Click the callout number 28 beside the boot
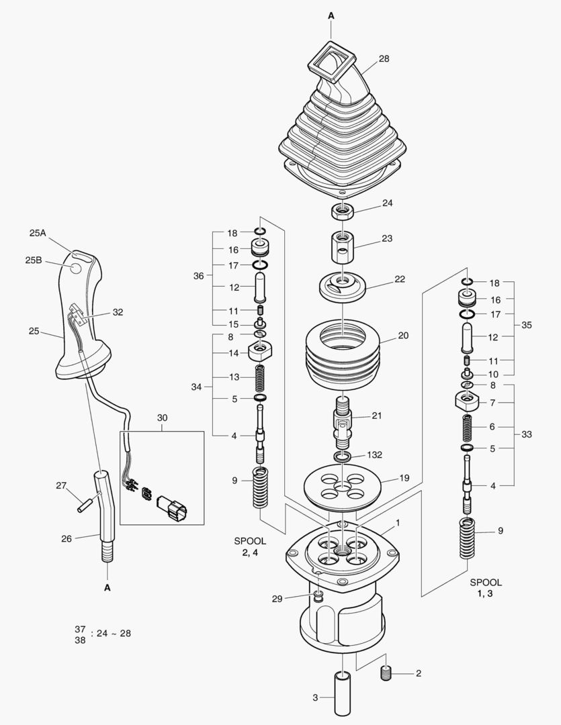[384, 59]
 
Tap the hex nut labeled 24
[342, 211]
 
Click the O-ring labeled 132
[343, 457]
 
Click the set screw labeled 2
[388, 673]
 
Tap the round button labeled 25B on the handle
[76, 269]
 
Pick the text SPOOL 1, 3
[485, 588]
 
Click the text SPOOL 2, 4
[250, 546]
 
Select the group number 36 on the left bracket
[198, 275]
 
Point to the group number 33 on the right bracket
[526, 434]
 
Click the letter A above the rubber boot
[331, 14]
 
